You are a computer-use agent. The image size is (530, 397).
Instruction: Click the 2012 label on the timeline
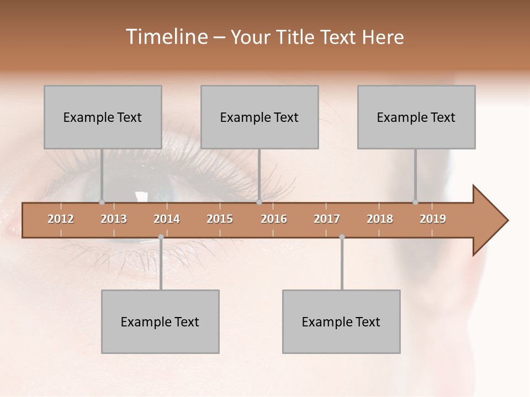(x=61, y=219)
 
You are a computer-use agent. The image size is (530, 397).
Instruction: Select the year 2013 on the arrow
(x=114, y=219)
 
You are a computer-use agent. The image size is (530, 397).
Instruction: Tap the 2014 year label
(x=167, y=219)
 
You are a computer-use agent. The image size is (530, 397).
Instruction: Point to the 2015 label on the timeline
(x=220, y=219)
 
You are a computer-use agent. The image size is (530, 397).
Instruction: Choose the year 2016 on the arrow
(x=274, y=219)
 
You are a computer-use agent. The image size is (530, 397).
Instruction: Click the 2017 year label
(x=327, y=219)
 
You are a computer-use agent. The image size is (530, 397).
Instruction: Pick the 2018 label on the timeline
(x=380, y=219)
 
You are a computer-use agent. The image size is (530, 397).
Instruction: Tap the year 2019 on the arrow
(x=433, y=219)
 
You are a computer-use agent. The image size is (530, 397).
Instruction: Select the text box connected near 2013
(x=103, y=117)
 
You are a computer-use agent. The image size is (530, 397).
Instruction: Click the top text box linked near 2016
(x=259, y=117)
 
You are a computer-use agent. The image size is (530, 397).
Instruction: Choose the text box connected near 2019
(x=416, y=117)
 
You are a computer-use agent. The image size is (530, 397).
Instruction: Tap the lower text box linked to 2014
(x=160, y=321)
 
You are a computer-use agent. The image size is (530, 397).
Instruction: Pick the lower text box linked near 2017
(x=341, y=321)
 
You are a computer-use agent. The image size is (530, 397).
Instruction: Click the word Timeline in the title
(x=166, y=37)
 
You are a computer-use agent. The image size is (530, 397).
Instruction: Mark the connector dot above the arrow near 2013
(x=102, y=202)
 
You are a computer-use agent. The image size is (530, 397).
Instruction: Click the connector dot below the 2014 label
(x=161, y=237)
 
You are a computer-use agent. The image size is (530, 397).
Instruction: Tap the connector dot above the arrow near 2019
(x=415, y=202)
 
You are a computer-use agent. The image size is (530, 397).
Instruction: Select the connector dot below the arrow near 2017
(x=342, y=237)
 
